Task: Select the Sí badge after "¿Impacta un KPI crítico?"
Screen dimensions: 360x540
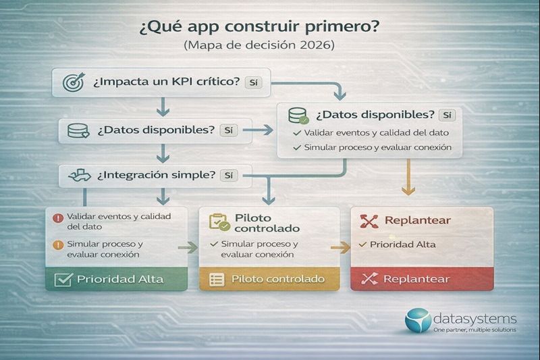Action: tap(254, 82)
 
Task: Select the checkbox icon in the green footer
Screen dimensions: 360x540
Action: tap(63, 279)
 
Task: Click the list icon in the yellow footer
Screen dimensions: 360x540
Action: tap(217, 279)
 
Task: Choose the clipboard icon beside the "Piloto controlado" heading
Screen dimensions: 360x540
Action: tap(219, 223)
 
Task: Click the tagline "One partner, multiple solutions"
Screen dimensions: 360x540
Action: tap(475, 330)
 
